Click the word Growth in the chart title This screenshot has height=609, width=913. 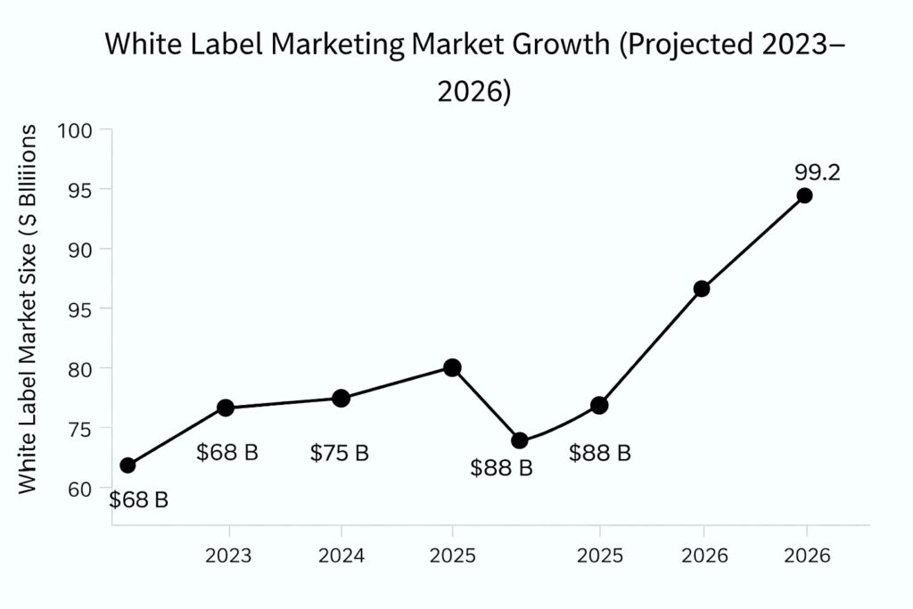564,45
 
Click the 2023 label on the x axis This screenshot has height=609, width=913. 228,556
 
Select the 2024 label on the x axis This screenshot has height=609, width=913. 341,556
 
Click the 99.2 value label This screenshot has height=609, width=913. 817,172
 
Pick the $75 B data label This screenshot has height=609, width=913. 340,453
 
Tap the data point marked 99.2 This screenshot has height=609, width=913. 804,195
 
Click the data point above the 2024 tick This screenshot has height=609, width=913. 341,399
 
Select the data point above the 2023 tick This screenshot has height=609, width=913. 226,407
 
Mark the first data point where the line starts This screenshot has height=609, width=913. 127,465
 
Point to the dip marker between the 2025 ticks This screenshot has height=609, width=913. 520,440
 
